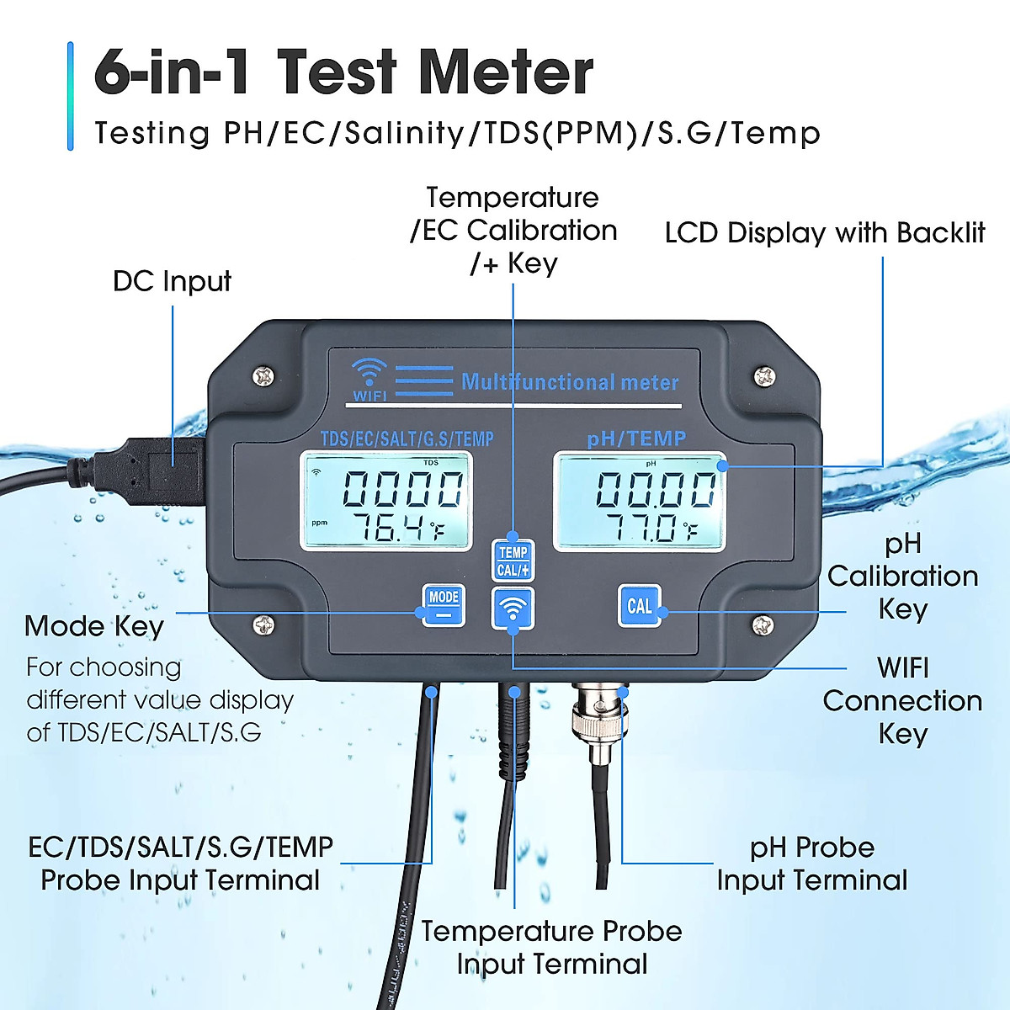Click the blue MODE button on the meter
point(443,604)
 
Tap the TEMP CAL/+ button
point(513,561)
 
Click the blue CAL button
point(640,606)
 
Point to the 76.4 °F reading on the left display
point(396,528)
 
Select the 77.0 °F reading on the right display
point(650,528)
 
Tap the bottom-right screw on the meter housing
point(763,625)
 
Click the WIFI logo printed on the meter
point(369,380)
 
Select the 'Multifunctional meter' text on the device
point(570,382)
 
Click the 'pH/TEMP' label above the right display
point(636,438)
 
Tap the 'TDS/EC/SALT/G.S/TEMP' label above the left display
point(407,439)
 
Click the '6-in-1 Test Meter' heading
point(343,72)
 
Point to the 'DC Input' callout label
point(172,281)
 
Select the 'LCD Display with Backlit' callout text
point(824,233)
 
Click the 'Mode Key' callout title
point(94,626)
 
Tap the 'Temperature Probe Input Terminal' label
point(551,947)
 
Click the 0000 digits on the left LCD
point(402,488)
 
